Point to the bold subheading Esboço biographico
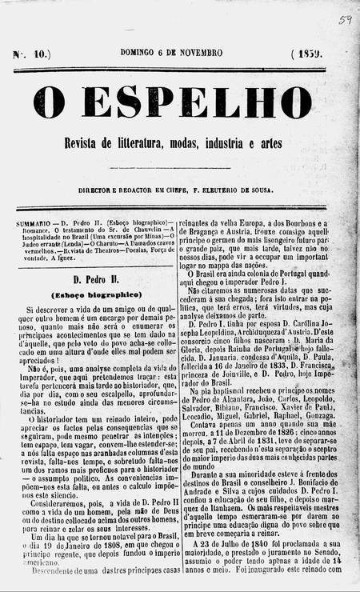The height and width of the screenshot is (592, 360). coord(90,294)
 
